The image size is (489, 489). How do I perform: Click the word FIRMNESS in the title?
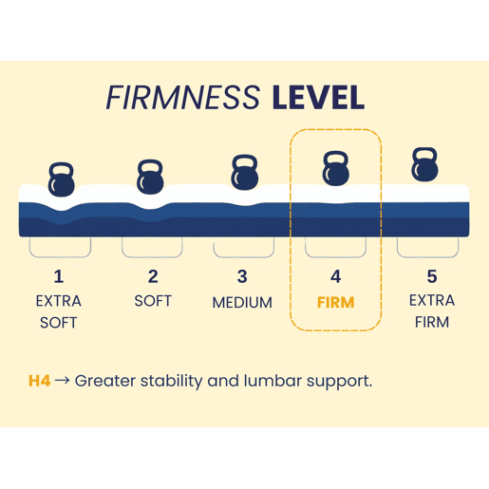click(x=183, y=98)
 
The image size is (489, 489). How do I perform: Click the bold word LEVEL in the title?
click(x=318, y=98)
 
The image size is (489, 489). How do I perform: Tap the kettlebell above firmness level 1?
click(x=62, y=179)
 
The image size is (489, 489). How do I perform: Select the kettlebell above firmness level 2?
click(x=150, y=177)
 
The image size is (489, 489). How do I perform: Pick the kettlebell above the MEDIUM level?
click(x=244, y=173)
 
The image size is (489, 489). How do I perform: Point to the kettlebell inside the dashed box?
click(x=336, y=168)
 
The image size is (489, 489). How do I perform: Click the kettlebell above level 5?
click(x=424, y=164)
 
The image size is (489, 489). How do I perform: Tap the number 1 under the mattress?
click(x=59, y=276)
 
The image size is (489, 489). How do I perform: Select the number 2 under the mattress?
click(x=153, y=276)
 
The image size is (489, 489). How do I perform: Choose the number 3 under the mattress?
click(x=242, y=276)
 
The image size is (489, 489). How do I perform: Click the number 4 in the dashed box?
click(x=336, y=276)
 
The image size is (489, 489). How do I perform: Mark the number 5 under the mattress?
click(x=432, y=276)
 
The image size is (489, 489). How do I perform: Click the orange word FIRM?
click(x=336, y=303)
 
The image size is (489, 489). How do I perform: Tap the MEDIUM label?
click(x=242, y=303)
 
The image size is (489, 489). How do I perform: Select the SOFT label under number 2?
click(x=153, y=301)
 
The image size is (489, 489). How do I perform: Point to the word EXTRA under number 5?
click(x=432, y=300)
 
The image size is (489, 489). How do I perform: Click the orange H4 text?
click(x=39, y=381)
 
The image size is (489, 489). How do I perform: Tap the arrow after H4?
click(x=63, y=380)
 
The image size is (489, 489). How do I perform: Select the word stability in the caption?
click(x=171, y=382)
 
